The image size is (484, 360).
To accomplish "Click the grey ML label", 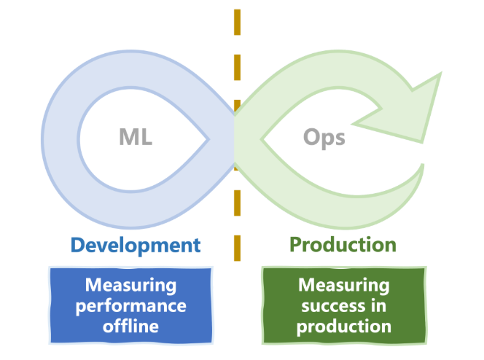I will point(136,136).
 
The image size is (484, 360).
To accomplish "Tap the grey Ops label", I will point(324,136).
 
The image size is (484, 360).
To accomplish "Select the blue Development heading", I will point(136,245).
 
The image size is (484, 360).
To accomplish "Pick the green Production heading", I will point(343,245).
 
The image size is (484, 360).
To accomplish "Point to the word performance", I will point(131,305).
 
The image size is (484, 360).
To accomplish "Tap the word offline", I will point(131,325).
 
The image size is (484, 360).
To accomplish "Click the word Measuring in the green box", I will point(344,284).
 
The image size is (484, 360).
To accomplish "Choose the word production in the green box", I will point(344,326).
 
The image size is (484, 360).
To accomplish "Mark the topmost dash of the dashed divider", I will point(237,22).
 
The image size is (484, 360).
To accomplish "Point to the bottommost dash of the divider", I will point(237,249).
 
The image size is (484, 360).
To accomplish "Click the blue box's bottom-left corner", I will point(50,342).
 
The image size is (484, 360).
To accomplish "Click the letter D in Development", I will point(77,245).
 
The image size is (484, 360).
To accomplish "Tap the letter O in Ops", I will point(311,136).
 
